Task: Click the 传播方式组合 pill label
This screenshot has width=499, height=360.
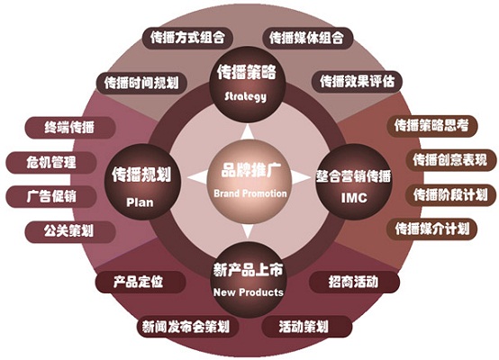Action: (187, 38)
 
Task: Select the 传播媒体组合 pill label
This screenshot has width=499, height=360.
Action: (307, 38)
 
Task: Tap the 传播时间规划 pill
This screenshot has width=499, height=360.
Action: (141, 83)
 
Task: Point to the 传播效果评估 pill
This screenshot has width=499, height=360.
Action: (357, 81)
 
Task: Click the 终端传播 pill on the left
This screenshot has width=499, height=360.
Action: (69, 128)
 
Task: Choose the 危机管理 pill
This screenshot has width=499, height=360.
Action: (51, 163)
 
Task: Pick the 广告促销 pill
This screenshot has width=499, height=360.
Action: (51, 196)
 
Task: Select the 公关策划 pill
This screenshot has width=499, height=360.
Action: (69, 231)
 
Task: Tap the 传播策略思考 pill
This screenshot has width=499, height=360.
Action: (432, 126)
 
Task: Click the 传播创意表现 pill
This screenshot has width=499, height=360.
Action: (451, 160)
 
